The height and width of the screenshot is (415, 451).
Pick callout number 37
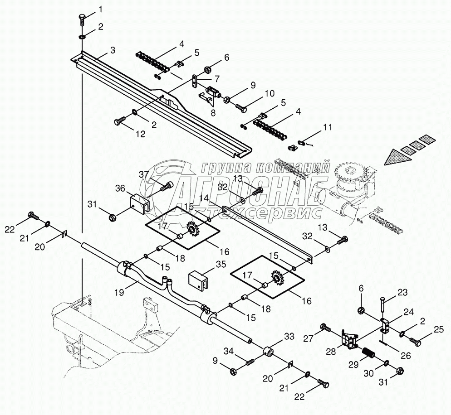click(143, 174)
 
